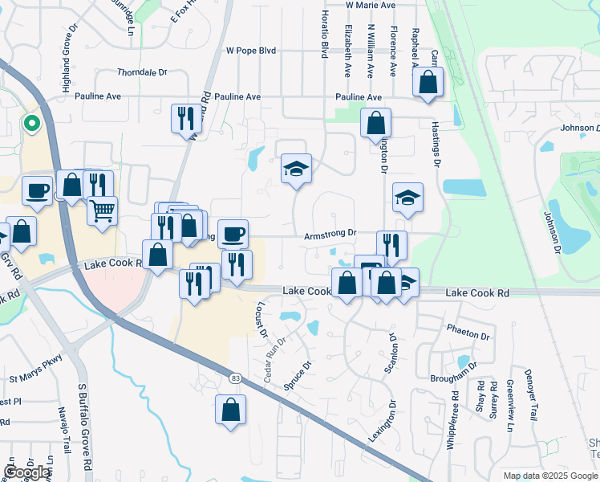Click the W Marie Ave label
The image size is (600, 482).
371,5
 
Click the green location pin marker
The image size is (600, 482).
30,124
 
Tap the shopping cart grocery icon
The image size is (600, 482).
102,210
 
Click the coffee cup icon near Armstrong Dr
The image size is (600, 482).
233,234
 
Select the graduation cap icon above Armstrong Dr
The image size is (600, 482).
296,168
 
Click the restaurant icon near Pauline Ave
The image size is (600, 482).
186,117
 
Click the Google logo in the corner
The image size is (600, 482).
27,472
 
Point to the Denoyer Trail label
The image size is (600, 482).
531,401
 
